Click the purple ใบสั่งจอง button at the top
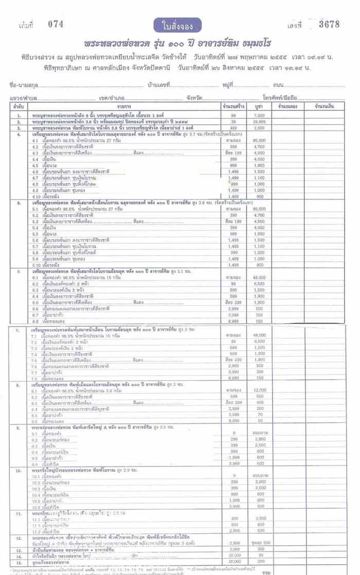coord(177,25)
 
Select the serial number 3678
coord(329,24)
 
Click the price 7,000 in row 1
coord(259,116)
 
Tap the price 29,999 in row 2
coord(259,122)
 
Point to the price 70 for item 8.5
coord(259,413)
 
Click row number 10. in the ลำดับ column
coord(19,470)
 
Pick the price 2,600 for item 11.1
coord(259,518)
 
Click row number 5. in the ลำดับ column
coord(19,203)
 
